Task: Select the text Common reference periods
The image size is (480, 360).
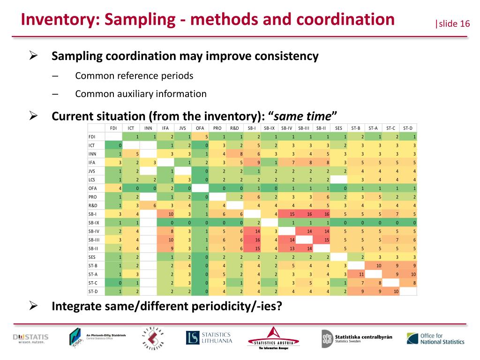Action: click(x=134, y=75)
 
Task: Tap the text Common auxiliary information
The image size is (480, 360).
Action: click(x=141, y=94)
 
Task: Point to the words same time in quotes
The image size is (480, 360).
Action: click(x=305, y=116)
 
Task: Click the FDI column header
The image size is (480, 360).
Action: click(x=113, y=128)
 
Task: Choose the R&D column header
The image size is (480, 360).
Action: click(x=234, y=128)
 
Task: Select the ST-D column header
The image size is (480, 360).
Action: click(x=408, y=128)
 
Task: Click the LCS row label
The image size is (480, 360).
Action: click(x=92, y=179)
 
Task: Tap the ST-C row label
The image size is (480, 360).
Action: click(x=93, y=283)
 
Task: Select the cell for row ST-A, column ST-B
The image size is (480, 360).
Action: click(x=356, y=274)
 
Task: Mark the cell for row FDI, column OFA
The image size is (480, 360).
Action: click(x=200, y=136)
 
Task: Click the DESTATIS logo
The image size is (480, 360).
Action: click(x=31, y=338)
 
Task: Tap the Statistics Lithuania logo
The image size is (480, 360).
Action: click(x=209, y=337)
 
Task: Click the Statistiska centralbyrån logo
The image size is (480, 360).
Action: click(x=357, y=338)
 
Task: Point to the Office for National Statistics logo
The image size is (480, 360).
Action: click(x=435, y=338)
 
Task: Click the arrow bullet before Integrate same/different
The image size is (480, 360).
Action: click(x=34, y=307)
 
